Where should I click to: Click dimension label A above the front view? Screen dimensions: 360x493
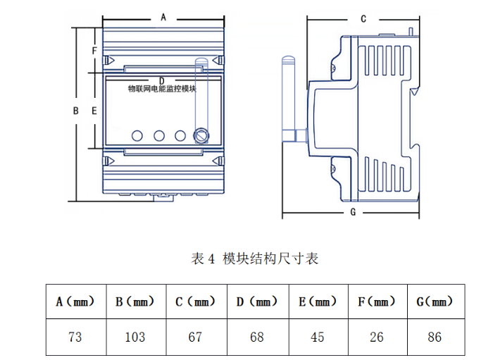pyautogui.click(x=163, y=15)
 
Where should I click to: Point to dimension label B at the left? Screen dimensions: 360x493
pyautogui.click(x=76, y=111)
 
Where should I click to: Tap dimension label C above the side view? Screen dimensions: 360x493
pyautogui.click(x=363, y=19)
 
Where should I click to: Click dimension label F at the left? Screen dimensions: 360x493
pyautogui.click(x=94, y=51)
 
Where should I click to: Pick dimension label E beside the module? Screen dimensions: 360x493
pyautogui.click(x=94, y=111)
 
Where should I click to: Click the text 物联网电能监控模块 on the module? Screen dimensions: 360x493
pyautogui.click(x=162, y=89)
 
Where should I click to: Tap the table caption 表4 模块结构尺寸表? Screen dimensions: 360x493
pyautogui.click(x=255, y=259)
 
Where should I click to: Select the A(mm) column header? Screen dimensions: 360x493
pyautogui.click(x=75, y=302)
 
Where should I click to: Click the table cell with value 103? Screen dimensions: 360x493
pyautogui.click(x=135, y=337)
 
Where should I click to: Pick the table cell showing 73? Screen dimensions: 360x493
pyautogui.click(x=75, y=337)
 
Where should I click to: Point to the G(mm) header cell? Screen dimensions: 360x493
pyautogui.click(x=435, y=302)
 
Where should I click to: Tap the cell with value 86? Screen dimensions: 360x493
pyautogui.click(x=435, y=337)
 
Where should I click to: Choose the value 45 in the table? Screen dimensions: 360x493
pyautogui.click(x=318, y=337)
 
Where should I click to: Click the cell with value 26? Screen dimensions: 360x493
pyautogui.click(x=377, y=337)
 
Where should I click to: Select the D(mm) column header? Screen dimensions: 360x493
pyautogui.click(x=257, y=302)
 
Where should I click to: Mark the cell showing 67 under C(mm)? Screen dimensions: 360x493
pyautogui.click(x=196, y=337)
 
